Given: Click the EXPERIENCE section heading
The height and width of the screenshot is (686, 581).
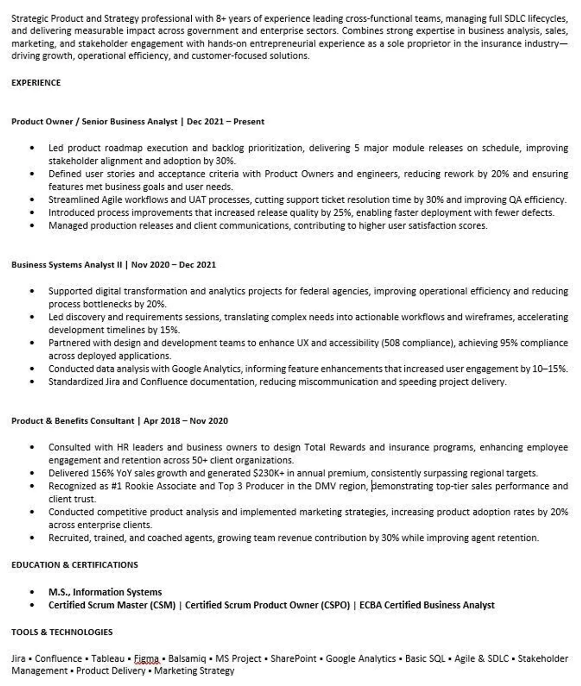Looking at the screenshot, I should [x=36, y=83].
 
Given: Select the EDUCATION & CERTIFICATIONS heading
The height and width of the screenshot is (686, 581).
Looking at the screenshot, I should [x=75, y=565].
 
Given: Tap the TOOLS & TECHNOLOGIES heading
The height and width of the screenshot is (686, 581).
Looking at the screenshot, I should [x=62, y=632].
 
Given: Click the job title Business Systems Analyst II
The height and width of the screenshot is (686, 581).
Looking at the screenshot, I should [x=67, y=265].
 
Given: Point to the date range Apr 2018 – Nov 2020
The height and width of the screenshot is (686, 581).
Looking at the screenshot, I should [x=185, y=421].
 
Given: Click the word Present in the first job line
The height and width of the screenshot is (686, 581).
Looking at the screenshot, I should [x=249, y=121].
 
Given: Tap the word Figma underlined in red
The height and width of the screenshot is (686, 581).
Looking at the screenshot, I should [x=146, y=659].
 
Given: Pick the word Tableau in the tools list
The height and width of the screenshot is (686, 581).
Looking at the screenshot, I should [x=108, y=659].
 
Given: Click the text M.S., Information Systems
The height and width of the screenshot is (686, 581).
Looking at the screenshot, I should [x=105, y=592].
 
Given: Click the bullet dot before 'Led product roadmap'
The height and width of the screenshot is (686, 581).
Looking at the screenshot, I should [x=32, y=148].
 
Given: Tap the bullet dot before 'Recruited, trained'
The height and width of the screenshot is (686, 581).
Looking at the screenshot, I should [x=32, y=538].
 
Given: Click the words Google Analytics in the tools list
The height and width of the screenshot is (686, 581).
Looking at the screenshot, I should [x=361, y=659].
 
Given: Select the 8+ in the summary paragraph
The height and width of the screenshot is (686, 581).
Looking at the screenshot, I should [x=221, y=19].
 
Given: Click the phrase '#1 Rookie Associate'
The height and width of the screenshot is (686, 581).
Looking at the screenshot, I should [x=153, y=486].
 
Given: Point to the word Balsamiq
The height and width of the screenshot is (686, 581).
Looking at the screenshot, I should [x=187, y=659].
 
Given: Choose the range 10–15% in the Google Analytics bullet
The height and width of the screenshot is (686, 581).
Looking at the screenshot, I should [x=550, y=369].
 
